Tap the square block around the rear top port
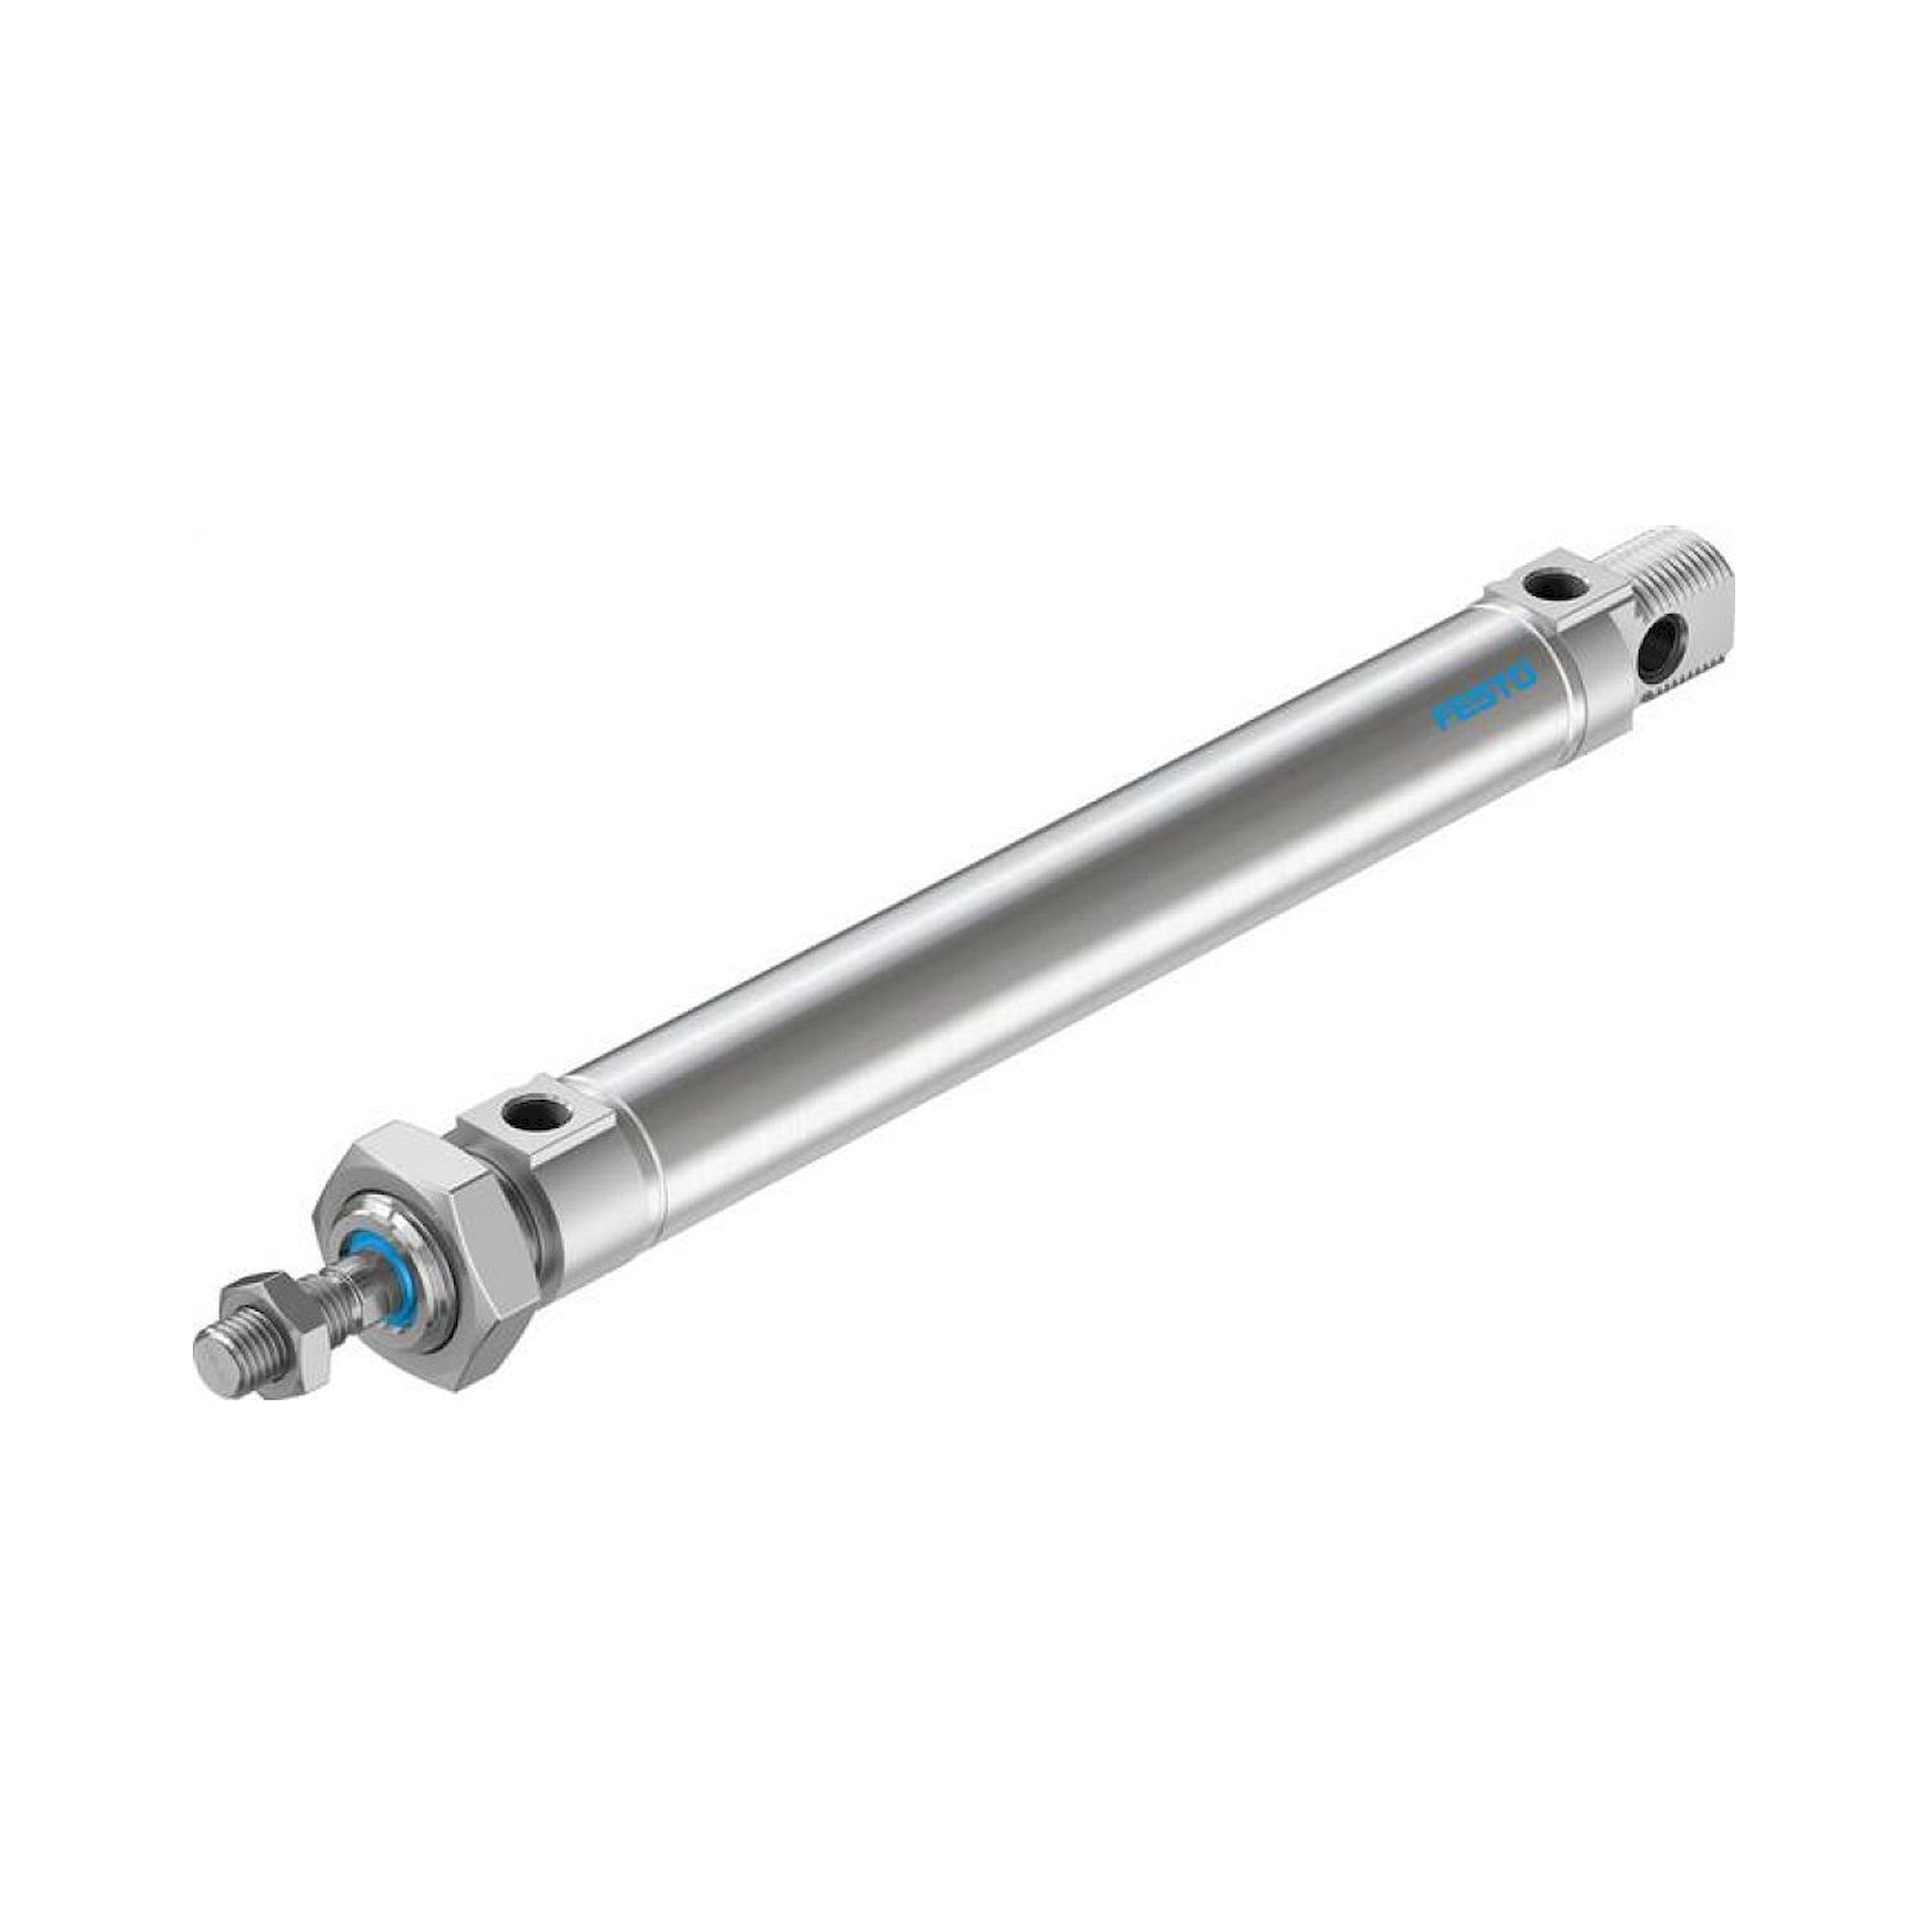pyautogui.click(x=1541, y=599)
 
